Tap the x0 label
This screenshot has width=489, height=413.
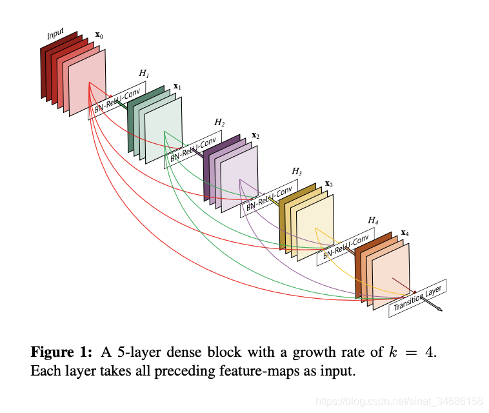point(99,35)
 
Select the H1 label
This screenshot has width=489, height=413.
point(144,74)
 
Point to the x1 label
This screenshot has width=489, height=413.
point(177,86)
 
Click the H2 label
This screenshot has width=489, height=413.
point(219,123)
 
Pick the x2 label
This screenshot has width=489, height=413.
point(255,136)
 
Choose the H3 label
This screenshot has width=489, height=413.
point(297,171)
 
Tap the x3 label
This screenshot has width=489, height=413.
point(328,184)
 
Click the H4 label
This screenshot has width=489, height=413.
point(373,221)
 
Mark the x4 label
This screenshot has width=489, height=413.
point(404,232)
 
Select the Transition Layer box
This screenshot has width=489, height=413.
point(418,298)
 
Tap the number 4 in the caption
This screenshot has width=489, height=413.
point(431,353)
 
